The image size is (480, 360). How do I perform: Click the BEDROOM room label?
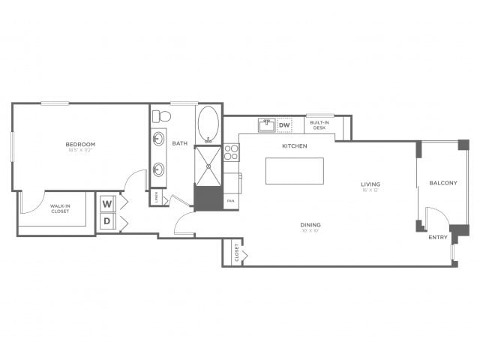(x=80, y=144)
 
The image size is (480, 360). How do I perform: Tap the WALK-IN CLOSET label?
(x=59, y=208)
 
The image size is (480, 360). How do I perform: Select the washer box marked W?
(x=107, y=204)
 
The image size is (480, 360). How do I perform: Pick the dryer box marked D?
(x=107, y=221)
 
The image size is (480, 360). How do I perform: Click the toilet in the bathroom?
(x=160, y=116)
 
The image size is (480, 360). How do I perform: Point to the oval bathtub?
(x=208, y=124)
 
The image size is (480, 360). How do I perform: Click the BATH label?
(x=180, y=143)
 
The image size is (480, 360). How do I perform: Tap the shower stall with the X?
(x=208, y=165)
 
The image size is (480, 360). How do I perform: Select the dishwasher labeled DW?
(x=284, y=125)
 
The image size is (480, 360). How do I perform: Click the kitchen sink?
(x=266, y=125)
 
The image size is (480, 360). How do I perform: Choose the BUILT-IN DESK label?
(x=319, y=126)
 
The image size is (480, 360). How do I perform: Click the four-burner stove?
(x=232, y=153)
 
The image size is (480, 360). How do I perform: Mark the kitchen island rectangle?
(x=295, y=170)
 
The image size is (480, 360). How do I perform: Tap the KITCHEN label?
(x=294, y=145)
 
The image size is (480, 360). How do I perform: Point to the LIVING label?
(x=370, y=184)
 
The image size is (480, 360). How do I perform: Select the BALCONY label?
(x=443, y=183)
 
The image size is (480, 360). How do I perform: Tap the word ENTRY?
(x=438, y=237)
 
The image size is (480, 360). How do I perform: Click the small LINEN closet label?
(x=156, y=198)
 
